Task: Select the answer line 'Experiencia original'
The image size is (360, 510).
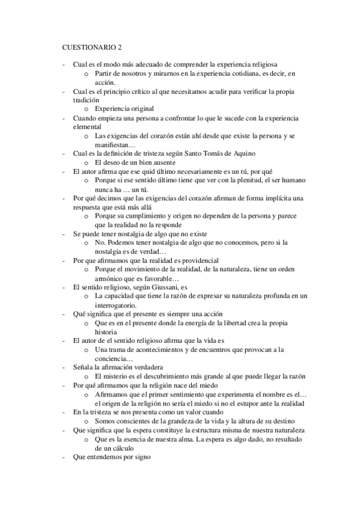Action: [x=124, y=109]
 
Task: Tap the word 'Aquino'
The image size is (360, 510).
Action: [x=244, y=153]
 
